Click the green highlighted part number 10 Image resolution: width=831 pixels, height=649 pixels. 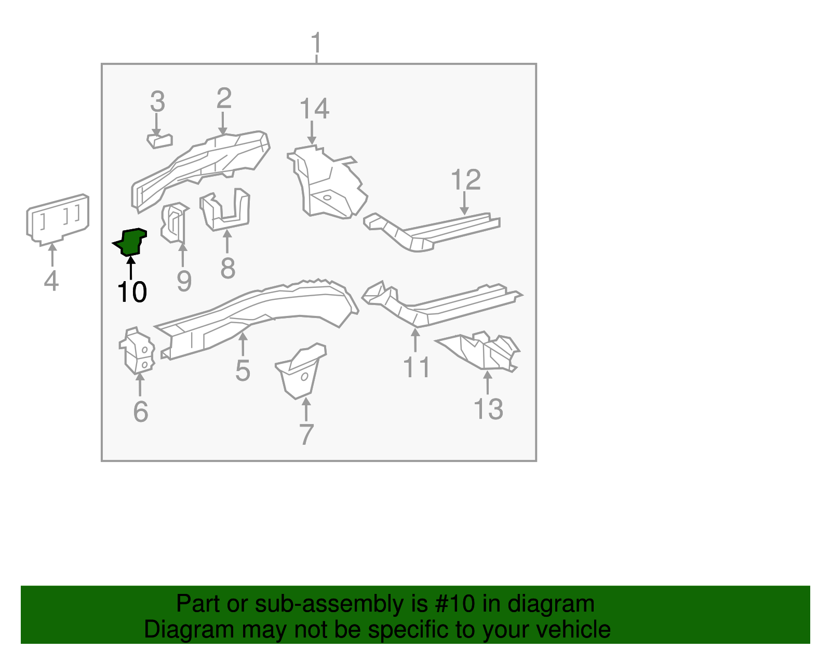click(131, 242)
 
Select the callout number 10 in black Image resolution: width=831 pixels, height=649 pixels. click(132, 292)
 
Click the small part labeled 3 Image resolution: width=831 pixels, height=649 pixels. click(160, 140)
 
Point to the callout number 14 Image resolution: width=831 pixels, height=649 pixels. click(314, 109)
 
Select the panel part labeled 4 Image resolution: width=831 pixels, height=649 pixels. click(58, 219)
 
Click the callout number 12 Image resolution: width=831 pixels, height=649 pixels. click(465, 180)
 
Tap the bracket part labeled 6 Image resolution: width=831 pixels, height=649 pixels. click(138, 351)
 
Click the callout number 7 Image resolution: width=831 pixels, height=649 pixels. click(306, 434)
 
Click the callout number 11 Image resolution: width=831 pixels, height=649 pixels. click(417, 367)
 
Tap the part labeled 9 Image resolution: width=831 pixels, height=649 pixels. click(173, 223)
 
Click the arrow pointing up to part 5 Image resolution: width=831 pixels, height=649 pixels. click(243, 344)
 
